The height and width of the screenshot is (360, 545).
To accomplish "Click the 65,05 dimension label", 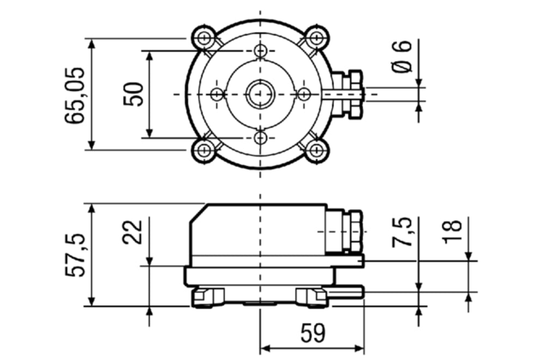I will [x=75, y=95].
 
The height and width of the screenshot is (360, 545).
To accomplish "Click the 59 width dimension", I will [x=312, y=333].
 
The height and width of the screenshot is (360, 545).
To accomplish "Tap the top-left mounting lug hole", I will [x=204, y=38].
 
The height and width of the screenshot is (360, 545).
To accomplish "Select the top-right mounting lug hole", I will [x=316, y=38].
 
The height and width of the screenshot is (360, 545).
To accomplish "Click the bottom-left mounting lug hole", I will [x=204, y=150].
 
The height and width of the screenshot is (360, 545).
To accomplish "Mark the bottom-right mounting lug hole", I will [x=316, y=150].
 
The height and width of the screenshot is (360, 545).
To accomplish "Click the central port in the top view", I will [x=261, y=94].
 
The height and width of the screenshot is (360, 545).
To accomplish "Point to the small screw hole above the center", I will [x=261, y=51].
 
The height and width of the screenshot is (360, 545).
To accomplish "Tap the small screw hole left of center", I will [x=217, y=94].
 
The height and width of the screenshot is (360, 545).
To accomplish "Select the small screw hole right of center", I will [x=304, y=94].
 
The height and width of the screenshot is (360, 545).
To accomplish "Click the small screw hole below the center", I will [x=261, y=137].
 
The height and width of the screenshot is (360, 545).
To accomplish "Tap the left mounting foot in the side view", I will [x=207, y=297].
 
